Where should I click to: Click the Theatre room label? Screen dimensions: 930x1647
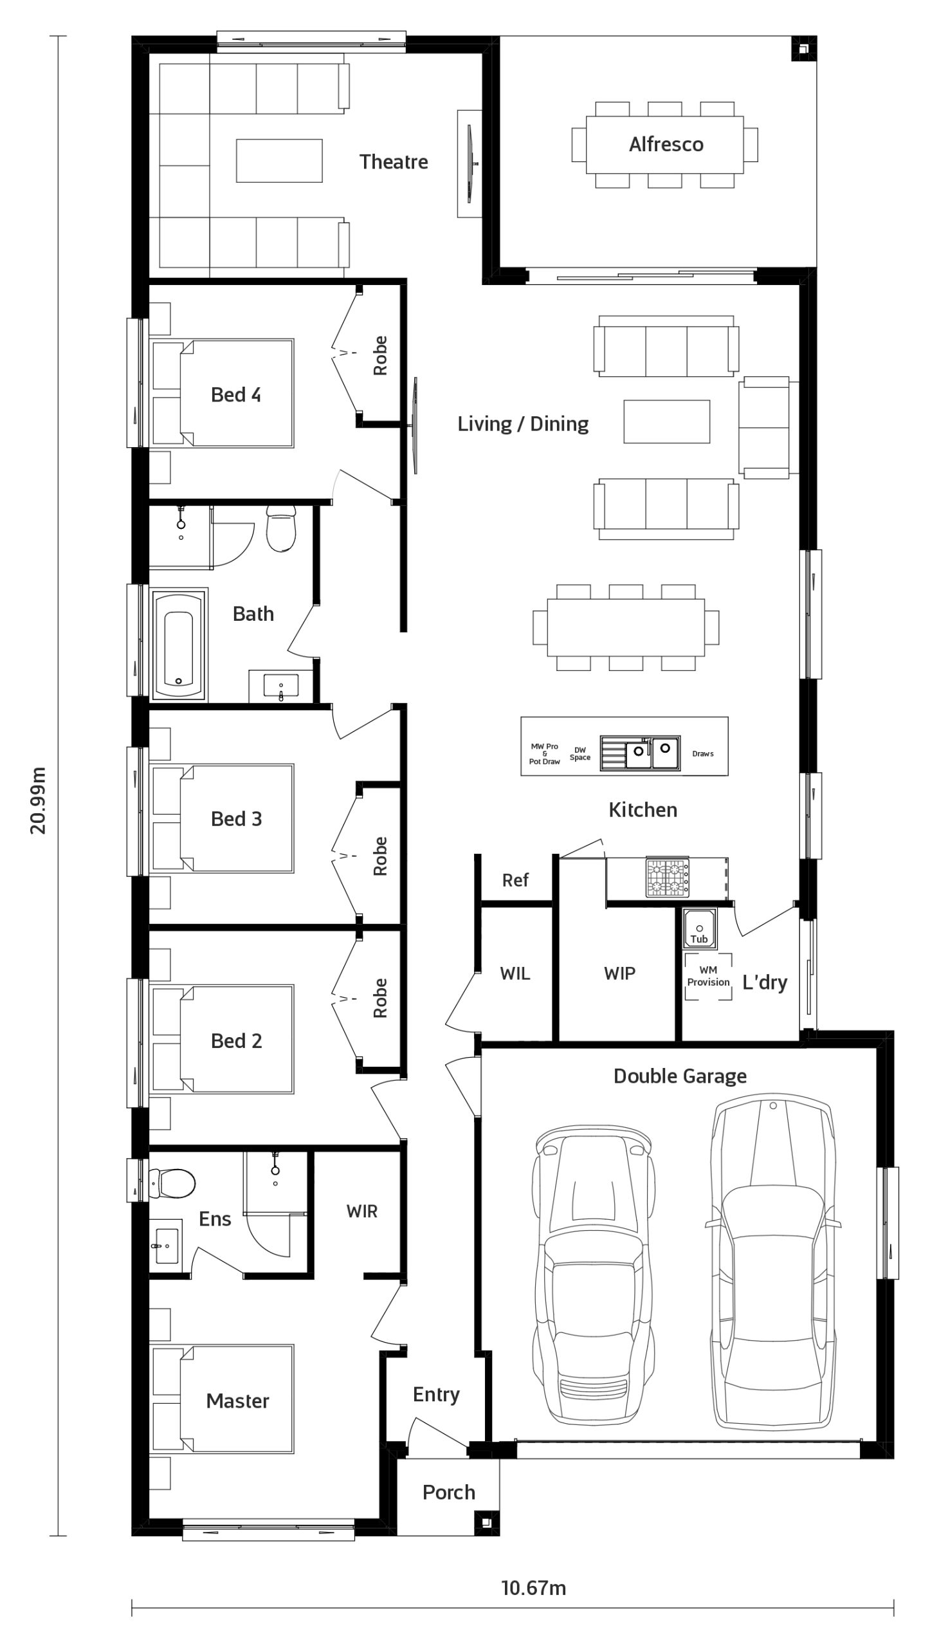(x=394, y=161)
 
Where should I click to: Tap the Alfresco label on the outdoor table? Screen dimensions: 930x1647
(x=666, y=144)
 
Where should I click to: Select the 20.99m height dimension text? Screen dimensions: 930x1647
(x=39, y=800)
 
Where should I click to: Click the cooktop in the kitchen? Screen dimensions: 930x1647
(x=668, y=878)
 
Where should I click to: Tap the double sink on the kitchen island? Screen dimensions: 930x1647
(x=640, y=753)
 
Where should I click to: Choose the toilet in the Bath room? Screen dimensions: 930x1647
(x=281, y=529)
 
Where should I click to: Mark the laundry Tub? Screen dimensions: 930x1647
(x=699, y=927)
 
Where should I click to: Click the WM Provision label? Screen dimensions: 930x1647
(x=708, y=976)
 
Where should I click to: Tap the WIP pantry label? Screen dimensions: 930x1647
(x=619, y=973)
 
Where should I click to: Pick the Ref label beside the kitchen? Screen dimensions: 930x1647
(x=515, y=879)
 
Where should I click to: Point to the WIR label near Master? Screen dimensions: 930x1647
(x=361, y=1211)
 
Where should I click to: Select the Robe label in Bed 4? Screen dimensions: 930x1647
(x=380, y=356)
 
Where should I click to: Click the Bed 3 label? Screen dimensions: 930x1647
(x=236, y=818)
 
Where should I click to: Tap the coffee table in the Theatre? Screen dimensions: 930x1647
(x=279, y=161)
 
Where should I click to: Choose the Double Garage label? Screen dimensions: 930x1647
(x=680, y=1076)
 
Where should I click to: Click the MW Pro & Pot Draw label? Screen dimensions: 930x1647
(x=545, y=753)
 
